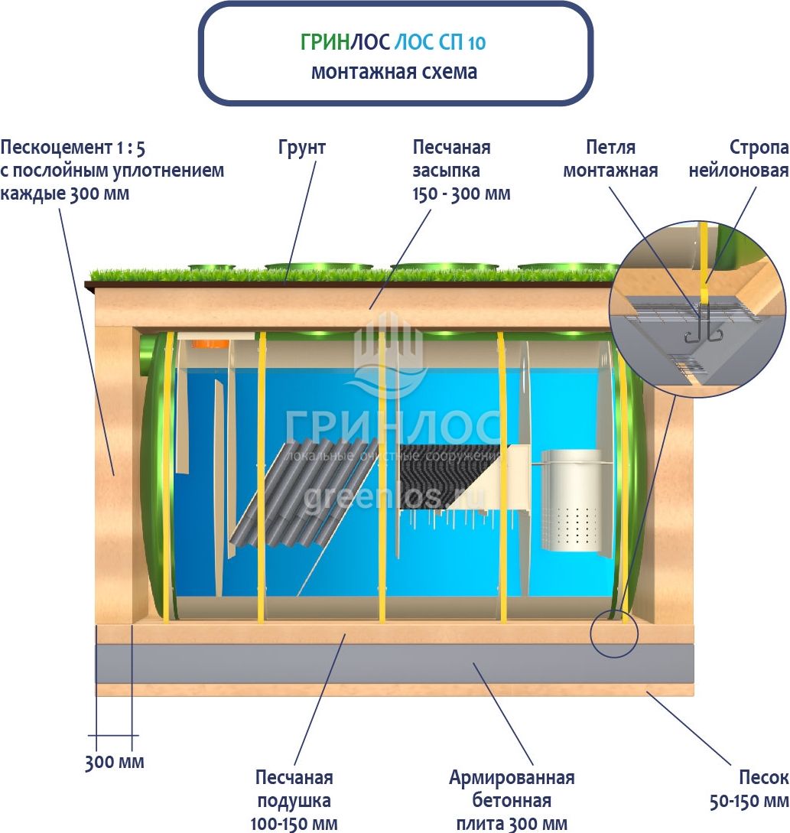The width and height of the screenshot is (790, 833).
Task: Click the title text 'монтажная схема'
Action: click(394, 72)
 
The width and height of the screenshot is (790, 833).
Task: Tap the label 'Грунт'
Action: click(301, 148)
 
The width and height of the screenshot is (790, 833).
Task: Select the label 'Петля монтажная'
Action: click(610, 158)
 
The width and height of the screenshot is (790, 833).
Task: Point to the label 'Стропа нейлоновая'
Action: click(737, 158)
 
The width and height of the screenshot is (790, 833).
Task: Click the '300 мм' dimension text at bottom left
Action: click(114, 762)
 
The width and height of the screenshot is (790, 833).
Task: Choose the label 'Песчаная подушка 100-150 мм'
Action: click(294, 800)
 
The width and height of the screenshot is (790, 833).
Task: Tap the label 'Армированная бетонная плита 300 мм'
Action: click(512, 800)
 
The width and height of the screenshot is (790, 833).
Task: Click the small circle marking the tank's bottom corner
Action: click(613, 633)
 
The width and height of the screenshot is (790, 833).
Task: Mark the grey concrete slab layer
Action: click(394, 663)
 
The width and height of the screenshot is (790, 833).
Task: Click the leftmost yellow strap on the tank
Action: click(165, 474)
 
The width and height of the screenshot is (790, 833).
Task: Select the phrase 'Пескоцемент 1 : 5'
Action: click(73, 148)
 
